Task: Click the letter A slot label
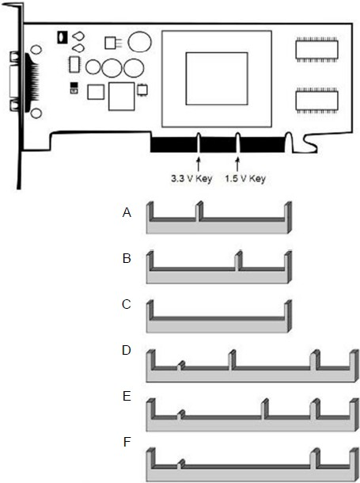point(127,212)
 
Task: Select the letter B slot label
point(127,258)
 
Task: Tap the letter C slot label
point(127,304)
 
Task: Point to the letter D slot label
point(127,350)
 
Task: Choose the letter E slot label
point(127,396)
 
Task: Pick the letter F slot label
point(127,442)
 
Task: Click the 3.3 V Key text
point(191,179)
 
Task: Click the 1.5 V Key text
point(245,179)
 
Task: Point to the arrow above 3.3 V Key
point(199,164)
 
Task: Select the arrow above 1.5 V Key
point(237,164)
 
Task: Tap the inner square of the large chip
point(217,78)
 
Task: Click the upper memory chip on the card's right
point(316,49)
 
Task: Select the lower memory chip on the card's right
point(316,100)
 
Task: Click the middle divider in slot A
point(199,211)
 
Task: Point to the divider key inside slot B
point(238,261)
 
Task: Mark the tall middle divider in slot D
point(232,359)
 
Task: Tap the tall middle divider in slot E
point(264,409)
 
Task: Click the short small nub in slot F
point(181,464)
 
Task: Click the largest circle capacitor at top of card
point(140,42)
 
